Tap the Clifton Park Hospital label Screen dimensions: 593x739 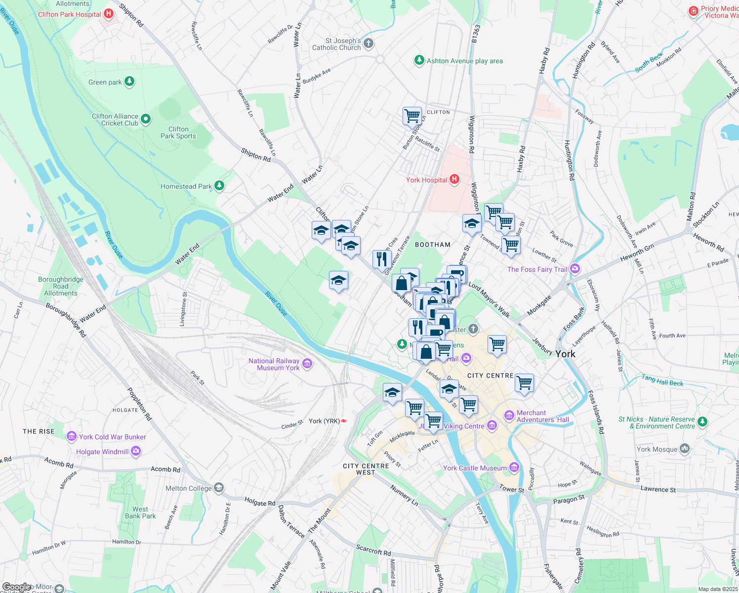coord(69,14)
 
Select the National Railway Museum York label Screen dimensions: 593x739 coord(274,364)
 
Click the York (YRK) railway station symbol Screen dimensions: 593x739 coord(344,421)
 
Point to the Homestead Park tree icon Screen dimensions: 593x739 coord(219,186)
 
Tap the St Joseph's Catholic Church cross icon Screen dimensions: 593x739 coord(369,44)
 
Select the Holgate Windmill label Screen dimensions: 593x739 coord(102,452)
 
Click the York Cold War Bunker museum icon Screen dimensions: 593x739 coord(72,437)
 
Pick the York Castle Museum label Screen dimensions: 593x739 coord(475,468)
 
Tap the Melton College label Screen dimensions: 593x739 coord(189,488)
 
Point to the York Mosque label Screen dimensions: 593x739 coord(657,449)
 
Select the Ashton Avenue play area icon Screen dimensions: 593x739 coord(419,61)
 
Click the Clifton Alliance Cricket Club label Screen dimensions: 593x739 coord(115,120)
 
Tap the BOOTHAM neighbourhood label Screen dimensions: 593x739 coord(433,245)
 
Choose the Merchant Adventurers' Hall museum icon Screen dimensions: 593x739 coord(509,416)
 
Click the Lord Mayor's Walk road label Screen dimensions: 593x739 coord(489,299)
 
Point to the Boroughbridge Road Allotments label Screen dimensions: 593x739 coord(61,286)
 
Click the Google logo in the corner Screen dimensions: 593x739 coord(16,587)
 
